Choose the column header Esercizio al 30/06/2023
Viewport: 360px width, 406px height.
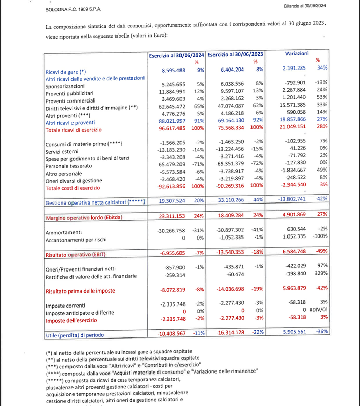point(236,54)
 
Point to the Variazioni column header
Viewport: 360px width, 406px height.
point(301,54)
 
